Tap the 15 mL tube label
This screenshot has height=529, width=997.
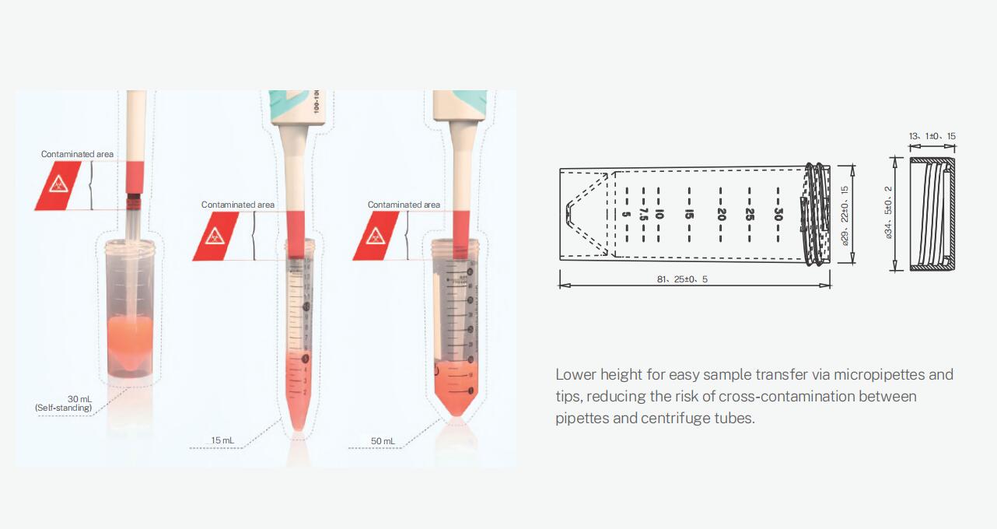coord(222,440)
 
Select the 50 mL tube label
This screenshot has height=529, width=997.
coord(382,441)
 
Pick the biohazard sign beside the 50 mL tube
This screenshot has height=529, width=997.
coord(376,236)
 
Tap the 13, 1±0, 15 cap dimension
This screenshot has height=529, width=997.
coord(932,136)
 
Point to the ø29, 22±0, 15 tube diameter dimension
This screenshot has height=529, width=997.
coord(845,215)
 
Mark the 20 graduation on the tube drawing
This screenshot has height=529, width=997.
coord(721,215)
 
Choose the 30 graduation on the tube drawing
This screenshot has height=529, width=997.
coord(778,215)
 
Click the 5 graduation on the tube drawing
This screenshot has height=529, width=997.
coord(627,215)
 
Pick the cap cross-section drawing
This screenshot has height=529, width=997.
coord(932,214)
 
